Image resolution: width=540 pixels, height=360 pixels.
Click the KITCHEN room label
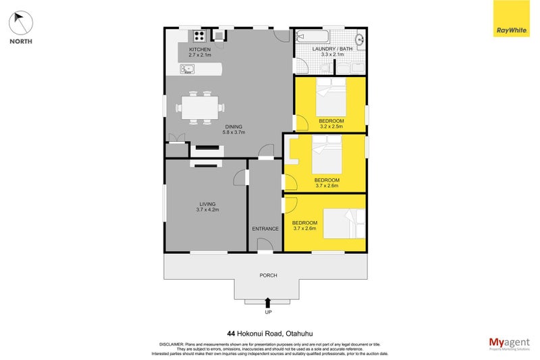[x=200, y=50]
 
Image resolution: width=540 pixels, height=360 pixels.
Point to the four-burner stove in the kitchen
[x=200, y=36]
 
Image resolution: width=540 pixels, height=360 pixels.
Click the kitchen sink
[x=187, y=68]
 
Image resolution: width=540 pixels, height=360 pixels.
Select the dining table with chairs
[x=199, y=107]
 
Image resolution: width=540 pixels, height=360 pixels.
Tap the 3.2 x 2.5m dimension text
[x=331, y=126]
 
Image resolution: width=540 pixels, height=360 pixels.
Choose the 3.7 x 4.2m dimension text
[x=207, y=209]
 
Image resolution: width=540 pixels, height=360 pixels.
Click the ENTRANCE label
[x=265, y=229]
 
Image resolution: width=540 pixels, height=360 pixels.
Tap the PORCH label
[x=269, y=275]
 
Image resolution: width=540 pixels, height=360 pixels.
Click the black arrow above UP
[x=269, y=303]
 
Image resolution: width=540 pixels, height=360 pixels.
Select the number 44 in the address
[x=232, y=332]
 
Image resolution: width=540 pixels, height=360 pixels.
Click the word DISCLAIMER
[x=172, y=344]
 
